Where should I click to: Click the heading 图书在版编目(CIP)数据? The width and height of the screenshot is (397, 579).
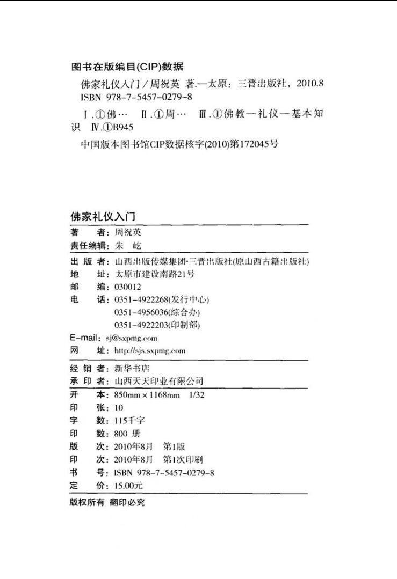click(x=127, y=67)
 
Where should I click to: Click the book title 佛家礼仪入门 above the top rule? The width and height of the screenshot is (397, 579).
click(x=102, y=216)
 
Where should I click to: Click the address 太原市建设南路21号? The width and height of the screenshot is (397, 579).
click(x=154, y=274)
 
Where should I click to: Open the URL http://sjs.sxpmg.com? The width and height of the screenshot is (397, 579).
click(x=149, y=350)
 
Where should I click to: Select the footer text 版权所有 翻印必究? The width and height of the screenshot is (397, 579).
click(x=107, y=503)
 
